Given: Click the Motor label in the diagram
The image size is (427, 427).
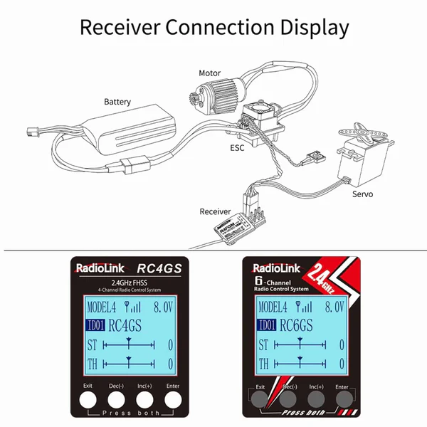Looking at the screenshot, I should click(210, 73).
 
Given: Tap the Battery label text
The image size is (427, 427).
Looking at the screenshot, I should click(117, 102).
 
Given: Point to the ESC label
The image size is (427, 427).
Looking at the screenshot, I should click(237, 149).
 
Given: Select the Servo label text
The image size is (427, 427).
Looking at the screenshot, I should click(362, 194).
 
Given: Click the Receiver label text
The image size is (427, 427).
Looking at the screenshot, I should click(215, 211).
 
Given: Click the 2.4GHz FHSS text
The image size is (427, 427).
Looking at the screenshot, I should click(130, 283).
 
